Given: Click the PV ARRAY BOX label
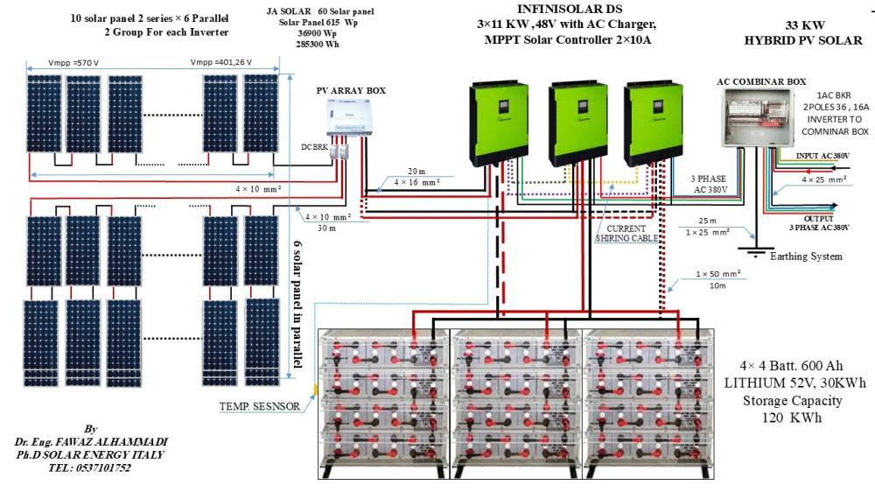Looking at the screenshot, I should (351, 90).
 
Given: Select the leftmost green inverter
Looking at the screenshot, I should (495, 122).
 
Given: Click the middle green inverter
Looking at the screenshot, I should (576, 122).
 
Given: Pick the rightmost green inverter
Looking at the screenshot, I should (657, 122).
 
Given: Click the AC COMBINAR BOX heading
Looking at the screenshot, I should (761, 81).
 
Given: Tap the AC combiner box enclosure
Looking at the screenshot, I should (759, 118).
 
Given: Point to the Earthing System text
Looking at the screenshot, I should (805, 257).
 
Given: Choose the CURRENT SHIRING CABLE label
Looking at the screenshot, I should (626, 233).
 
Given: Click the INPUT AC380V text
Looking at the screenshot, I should (822, 156).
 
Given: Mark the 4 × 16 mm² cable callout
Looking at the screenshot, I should (416, 183).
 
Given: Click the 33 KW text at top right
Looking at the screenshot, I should (801, 25).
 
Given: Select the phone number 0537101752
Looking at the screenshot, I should (91, 468).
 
